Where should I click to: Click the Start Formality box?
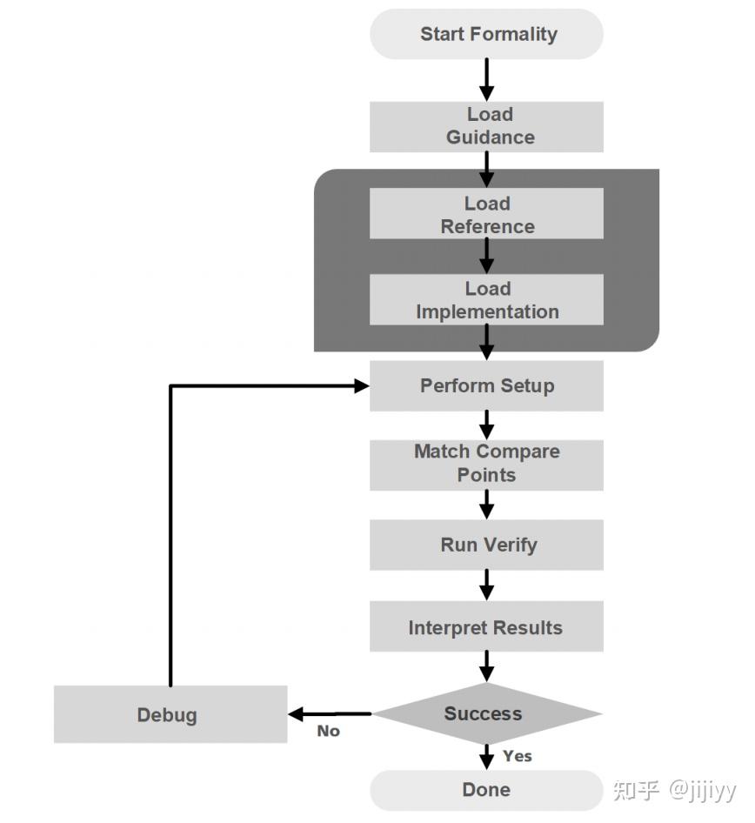click(x=486, y=35)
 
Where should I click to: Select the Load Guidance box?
click(x=486, y=126)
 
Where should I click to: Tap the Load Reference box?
click(x=486, y=214)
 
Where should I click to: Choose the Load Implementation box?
click(x=486, y=300)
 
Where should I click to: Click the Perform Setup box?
click(x=486, y=385)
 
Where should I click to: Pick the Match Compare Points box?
click(x=486, y=464)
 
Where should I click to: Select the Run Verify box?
click(x=486, y=545)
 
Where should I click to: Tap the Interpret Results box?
click(x=486, y=627)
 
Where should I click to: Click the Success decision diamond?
click(x=484, y=714)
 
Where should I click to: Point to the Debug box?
click(x=170, y=715)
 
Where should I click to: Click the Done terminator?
click(x=486, y=790)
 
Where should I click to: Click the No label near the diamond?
click(x=328, y=732)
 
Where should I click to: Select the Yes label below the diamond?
click(x=517, y=756)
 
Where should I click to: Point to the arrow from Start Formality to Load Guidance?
click(x=486, y=80)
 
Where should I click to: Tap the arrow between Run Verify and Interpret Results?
click(x=486, y=585)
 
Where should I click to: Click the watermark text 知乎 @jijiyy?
click(x=673, y=790)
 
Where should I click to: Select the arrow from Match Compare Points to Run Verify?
click(x=486, y=505)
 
